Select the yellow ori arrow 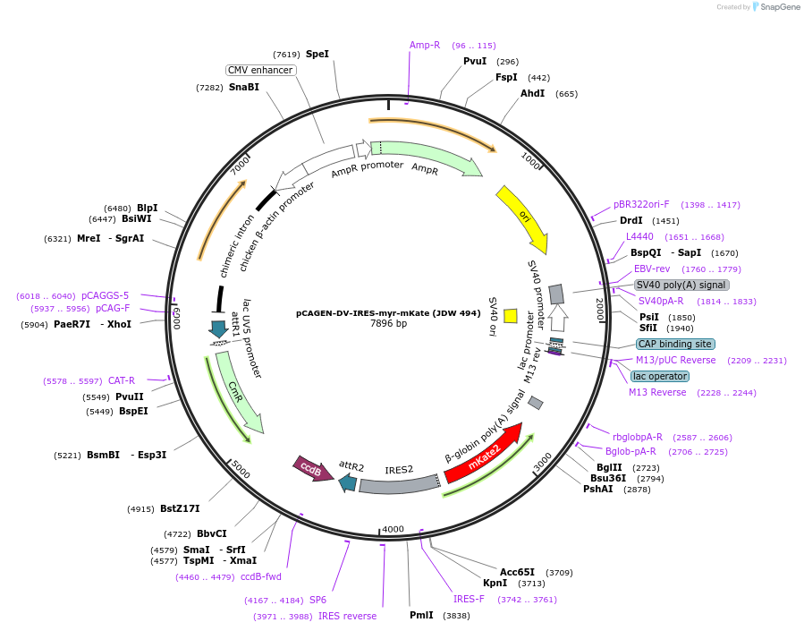[521, 218]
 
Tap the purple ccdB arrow [312, 469]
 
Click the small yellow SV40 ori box [511, 315]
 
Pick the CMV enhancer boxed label [260, 70]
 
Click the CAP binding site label [674, 344]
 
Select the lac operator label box [660, 376]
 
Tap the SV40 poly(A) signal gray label [681, 285]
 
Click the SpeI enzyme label [317, 54]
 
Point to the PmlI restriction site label [421, 615]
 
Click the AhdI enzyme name [532, 93]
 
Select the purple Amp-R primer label [425, 45]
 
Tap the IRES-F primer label [469, 599]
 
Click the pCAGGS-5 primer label [105, 295]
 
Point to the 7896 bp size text [388, 323]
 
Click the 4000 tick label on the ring [394, 529]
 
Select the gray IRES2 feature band [399, 484]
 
